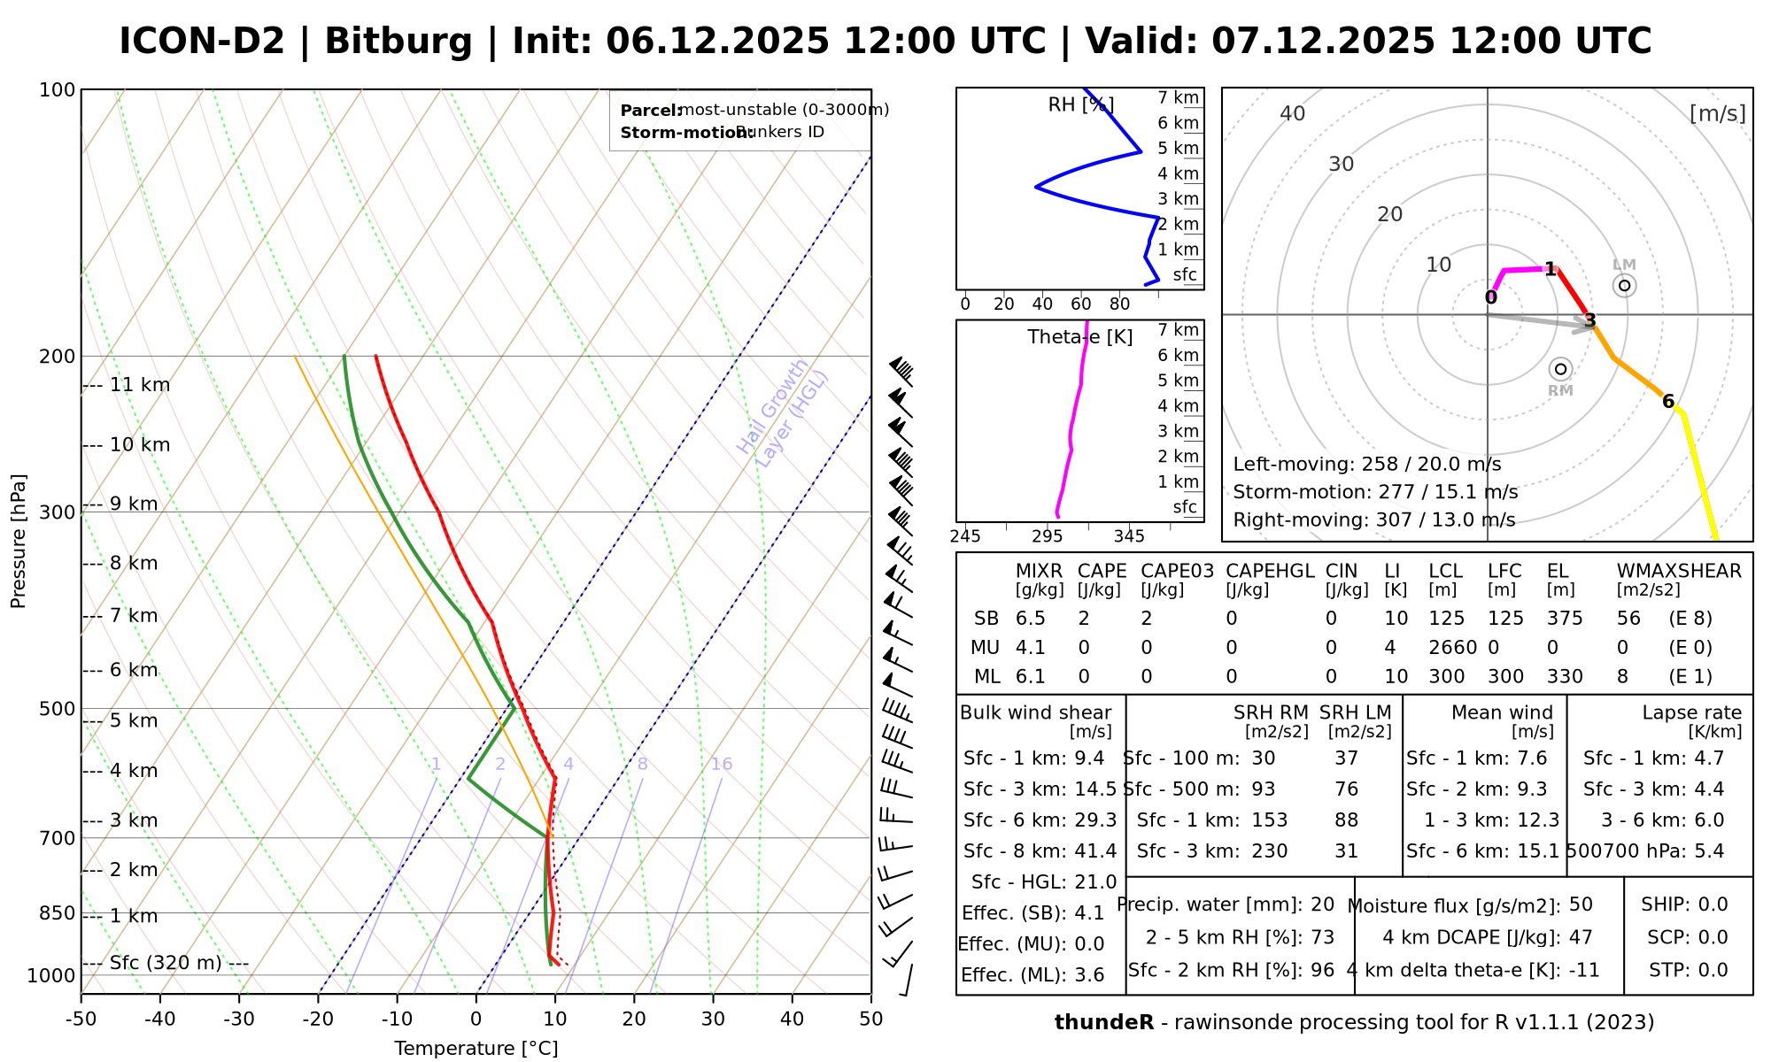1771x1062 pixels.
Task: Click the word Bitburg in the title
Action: click(x=398, y=42)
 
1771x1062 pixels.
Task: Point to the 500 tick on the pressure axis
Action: click(x=58, y=709)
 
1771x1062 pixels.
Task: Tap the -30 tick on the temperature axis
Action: click(x=239, y=1019)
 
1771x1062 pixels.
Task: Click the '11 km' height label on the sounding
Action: click(x=139, y=385)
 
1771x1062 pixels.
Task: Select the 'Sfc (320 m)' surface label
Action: click(x=166, y=963)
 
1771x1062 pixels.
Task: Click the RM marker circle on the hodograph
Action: click(x=1560, y=369)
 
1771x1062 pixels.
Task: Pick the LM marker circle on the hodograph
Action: click(x=1624, y=285)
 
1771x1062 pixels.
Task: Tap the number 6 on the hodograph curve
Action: click(x=1668, y=402)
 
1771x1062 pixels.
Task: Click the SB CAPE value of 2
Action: click(x=1084, y=619)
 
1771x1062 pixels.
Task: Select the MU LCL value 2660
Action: click(x=1452, y=648)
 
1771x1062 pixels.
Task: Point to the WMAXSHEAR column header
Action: click(x=1679, y=571)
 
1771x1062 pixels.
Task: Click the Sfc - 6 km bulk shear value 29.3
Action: click(x=1095, y=820)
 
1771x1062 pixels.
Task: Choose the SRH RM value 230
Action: click(x=1270, y=851)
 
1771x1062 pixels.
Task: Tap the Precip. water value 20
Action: click(x=1322, y=904)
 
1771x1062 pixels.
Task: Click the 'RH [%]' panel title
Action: click(x=1080, y=105)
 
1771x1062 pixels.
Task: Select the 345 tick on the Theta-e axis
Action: click(x=1129, y=536)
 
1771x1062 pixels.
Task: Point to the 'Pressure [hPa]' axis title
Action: click(x=19, y=541)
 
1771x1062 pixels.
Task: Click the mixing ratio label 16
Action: click(x=722, y=764)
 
